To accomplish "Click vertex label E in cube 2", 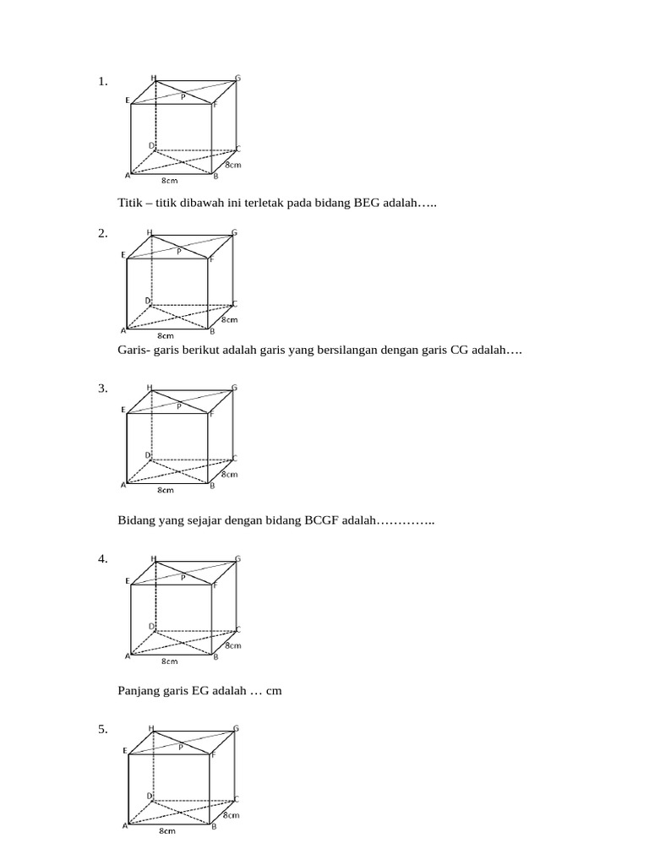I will coord(124,254).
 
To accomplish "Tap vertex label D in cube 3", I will coord(148,454).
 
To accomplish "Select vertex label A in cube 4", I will coord(128,656).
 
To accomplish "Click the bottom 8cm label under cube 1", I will coord(169,180).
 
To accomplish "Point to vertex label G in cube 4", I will coord(238,558).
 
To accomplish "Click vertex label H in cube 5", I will coord(151,727).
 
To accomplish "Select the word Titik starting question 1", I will coord(131,203).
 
